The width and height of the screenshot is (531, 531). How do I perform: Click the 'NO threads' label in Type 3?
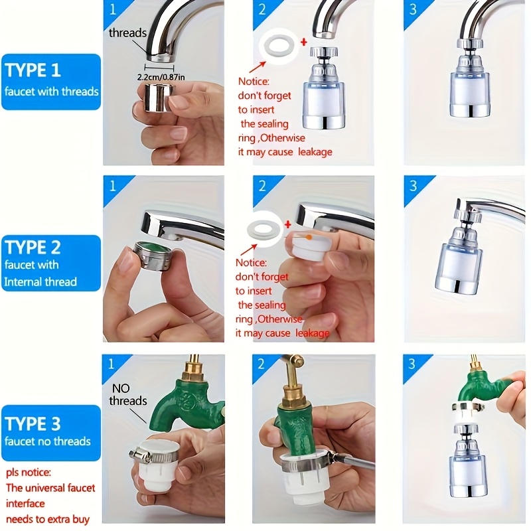tap(128, 395)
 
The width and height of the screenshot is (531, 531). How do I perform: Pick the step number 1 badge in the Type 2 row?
tap(112, 185)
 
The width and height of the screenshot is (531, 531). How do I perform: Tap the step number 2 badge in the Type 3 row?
tap(262, 364)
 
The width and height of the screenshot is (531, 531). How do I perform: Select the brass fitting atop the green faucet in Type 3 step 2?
tap(291, 386)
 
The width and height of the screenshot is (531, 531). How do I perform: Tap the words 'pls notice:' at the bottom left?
tap(29, 473)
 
